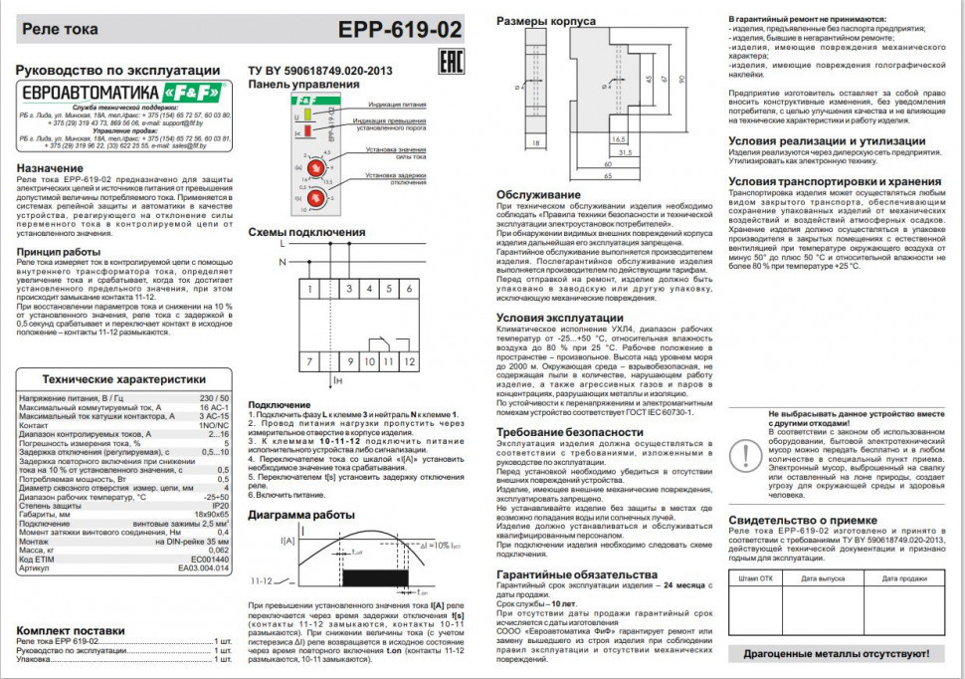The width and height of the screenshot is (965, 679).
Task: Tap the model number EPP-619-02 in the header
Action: tap(406, 30)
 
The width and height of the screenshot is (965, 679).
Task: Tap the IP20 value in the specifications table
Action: tap(220, 507)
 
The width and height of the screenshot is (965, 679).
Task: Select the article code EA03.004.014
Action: tap(203, 567)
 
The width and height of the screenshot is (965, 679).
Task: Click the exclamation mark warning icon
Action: tap(742, 454)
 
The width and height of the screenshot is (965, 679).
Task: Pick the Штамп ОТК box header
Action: tap(756, 577)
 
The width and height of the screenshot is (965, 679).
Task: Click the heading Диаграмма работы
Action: tap(301, 515)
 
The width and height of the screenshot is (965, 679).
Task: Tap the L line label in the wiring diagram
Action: tap(283, 243)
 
